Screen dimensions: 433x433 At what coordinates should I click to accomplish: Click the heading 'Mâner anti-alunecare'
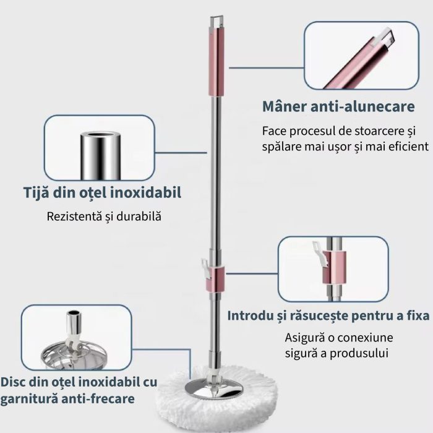pyautogui.click(x=338, y=106)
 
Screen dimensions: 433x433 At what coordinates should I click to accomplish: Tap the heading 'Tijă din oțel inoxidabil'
pyautogui.click(x=103, y=192)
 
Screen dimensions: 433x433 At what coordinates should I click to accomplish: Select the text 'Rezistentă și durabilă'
pyautogui.click(x=104, y=216)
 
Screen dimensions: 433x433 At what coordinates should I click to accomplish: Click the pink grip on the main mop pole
pyautogui.click(x=216, y=61)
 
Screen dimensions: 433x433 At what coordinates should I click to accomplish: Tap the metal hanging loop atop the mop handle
pyautogui.click(x=216, y=22)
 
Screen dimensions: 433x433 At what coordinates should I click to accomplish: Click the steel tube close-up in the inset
pyautogui.click(x=100, y=155)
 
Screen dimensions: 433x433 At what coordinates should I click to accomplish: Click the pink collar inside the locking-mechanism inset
pyautogui.click(x=335, y=268)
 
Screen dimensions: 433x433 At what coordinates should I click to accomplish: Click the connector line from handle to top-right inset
pyautogui.click(x=266, y=67)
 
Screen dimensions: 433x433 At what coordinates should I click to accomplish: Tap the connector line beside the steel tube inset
pyautogui.click(x=181, y=152)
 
